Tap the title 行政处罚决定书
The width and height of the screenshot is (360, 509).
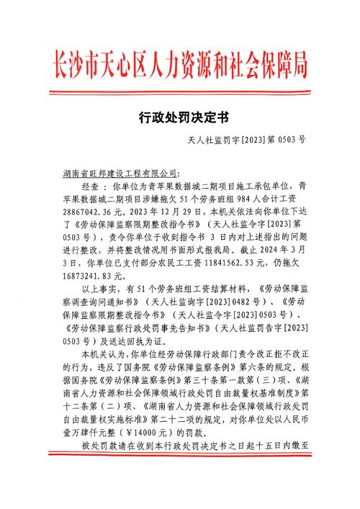180,116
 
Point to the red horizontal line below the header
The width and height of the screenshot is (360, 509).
180,91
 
